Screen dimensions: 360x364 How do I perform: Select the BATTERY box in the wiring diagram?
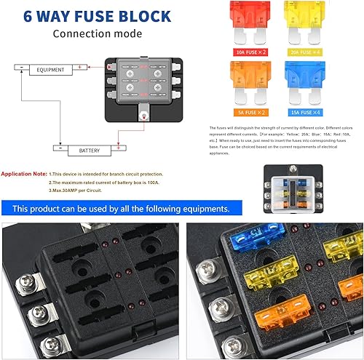point(79,151)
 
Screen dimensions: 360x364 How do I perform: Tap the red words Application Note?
point(24,175)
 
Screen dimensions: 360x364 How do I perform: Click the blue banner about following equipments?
point(121,208)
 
